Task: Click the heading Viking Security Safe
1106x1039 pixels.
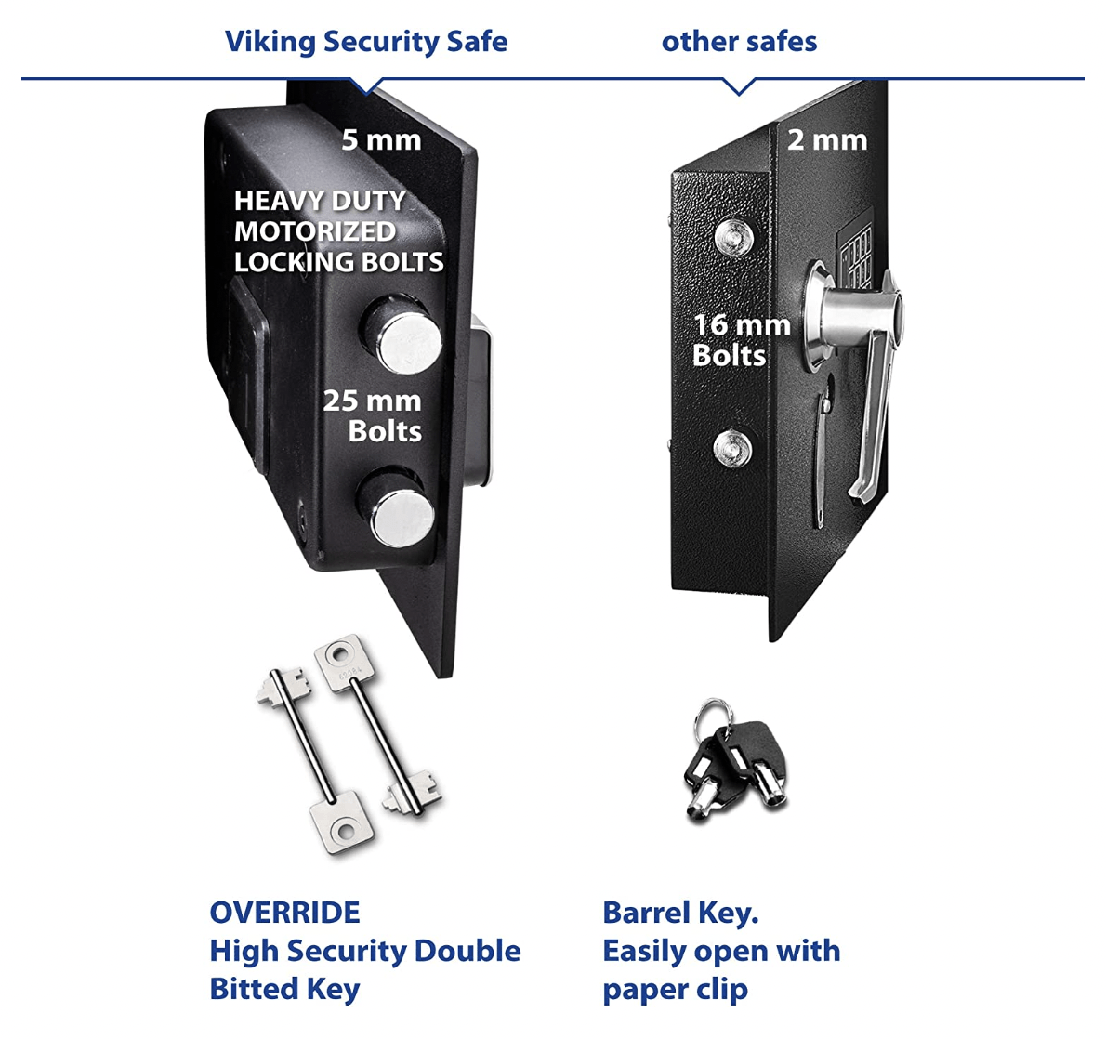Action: [365, 42]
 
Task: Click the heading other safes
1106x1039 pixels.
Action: [739, 42]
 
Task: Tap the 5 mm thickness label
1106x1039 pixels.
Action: [381, 140]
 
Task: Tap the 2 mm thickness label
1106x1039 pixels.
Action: [827, 140]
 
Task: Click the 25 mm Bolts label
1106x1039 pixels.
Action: [373, 415]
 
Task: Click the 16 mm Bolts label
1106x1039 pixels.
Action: [741, 340]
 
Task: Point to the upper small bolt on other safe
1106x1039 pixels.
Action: [735, 236]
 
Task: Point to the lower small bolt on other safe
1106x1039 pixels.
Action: [732, 450]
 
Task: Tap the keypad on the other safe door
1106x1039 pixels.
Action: [856, 251]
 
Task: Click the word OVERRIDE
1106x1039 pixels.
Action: [284, 913]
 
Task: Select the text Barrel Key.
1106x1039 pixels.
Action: [680, 913]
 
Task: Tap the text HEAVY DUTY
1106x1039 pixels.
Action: [320, 201]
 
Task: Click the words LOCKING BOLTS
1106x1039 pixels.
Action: [338, 262]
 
